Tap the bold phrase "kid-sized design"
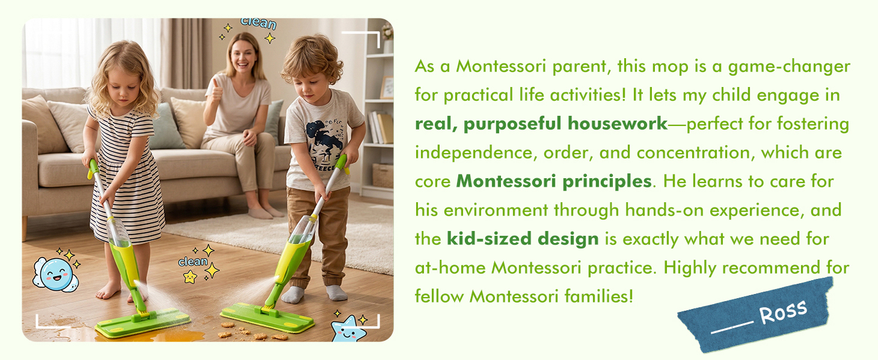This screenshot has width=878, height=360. (523, 239)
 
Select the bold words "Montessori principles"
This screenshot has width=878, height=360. (554, 182)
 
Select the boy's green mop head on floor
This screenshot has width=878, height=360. (267, 317)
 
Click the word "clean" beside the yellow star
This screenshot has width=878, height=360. (193, 262)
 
